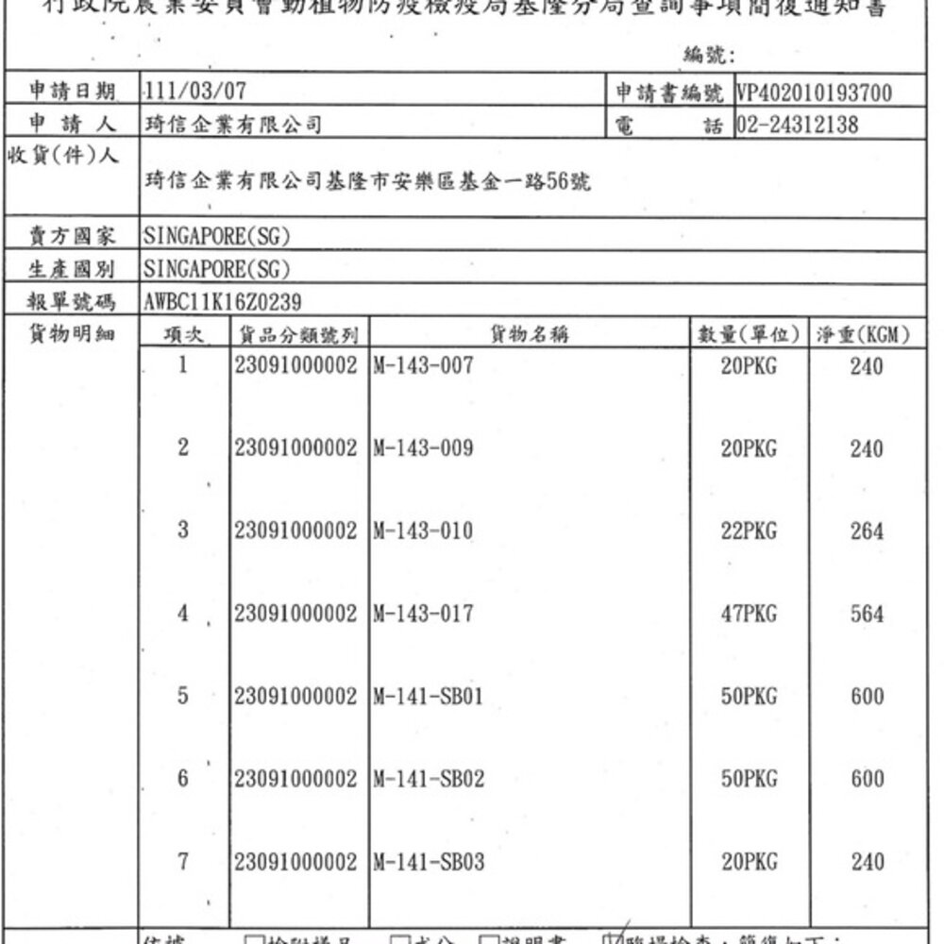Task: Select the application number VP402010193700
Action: [x=813, y=93]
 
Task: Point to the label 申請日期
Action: [x=73, y=93]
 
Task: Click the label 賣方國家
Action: [x=73, y=236]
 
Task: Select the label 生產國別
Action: [x=73, y=269]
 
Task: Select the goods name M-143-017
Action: [x=421, y=615]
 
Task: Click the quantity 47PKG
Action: [x=749, y=615]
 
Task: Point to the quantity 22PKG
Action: [x=749, y=532]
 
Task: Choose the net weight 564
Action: [x=867, y=615]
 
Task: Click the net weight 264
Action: [x=867, y=532]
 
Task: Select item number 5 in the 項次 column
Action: [x=184, y=697]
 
